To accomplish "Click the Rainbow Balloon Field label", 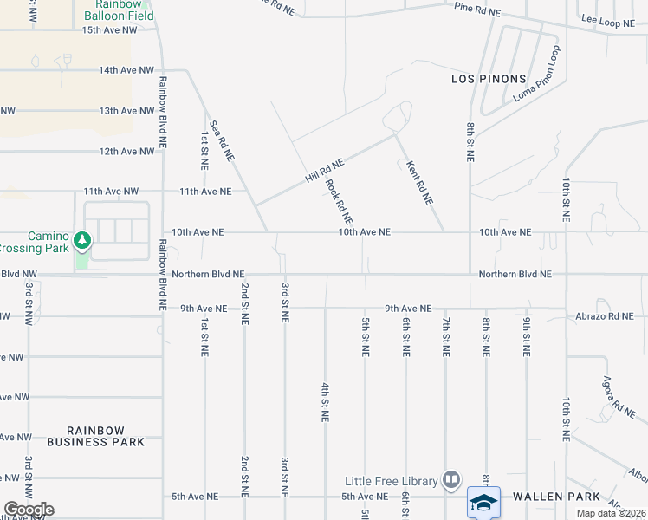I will [120, 10].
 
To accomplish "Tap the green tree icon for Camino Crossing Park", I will [82, 239].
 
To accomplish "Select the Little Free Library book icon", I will [451, 479].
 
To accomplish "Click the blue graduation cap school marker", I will [484, 502].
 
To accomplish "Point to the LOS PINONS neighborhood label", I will [489, 79].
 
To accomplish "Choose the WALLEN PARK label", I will [569, 497].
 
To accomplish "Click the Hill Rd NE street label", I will [325, 170].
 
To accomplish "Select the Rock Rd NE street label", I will [338, 200].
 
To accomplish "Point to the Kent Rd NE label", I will [420, 182].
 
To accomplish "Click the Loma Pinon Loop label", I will [537, 83].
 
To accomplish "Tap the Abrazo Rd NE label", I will [605, 317].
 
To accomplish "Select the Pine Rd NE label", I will [478, 11].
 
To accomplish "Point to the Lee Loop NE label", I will [608, 23].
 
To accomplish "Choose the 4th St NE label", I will [326, 401].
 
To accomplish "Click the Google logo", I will [29, 510].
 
